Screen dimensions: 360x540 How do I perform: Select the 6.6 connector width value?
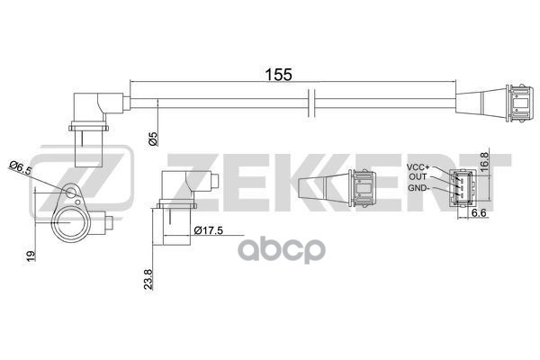[478, 212]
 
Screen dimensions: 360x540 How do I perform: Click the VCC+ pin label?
[418, 167]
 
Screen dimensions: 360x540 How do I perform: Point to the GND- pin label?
[419, 187]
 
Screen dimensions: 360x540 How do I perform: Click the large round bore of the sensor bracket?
[70, 221]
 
